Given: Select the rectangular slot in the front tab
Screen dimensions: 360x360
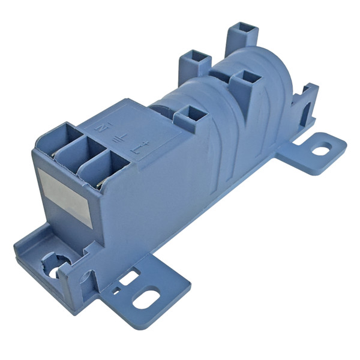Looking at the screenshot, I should point(128,278).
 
